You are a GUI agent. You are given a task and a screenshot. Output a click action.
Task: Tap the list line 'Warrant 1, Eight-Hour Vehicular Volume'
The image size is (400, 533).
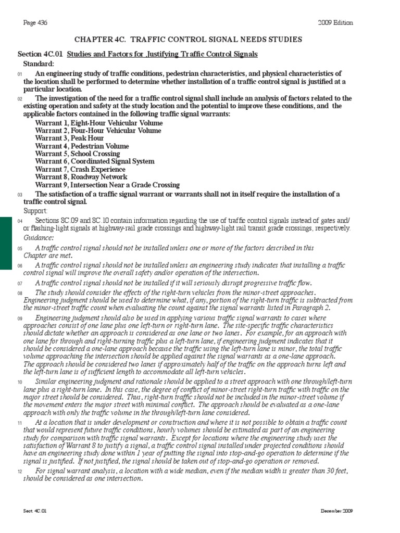pos(98,123)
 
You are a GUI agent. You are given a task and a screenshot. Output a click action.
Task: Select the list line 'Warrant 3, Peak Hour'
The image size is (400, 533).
pos(69,138)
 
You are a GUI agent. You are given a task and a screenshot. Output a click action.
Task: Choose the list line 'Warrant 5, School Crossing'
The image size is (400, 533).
pos(77,154)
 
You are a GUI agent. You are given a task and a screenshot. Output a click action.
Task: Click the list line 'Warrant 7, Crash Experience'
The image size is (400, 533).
pos(80,169)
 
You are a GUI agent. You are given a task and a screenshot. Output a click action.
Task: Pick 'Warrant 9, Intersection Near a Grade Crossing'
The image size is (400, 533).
pos(107,185)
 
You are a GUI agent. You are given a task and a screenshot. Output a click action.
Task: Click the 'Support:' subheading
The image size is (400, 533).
pos(35,211)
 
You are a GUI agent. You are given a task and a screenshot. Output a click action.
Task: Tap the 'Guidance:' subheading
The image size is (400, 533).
pos(37,237)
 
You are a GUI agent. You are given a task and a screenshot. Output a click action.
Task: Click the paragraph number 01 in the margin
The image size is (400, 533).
pos(20,75)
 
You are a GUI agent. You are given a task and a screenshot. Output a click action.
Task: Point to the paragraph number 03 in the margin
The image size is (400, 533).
pos(20,195)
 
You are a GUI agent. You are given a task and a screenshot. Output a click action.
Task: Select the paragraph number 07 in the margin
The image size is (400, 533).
pos(20,283)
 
